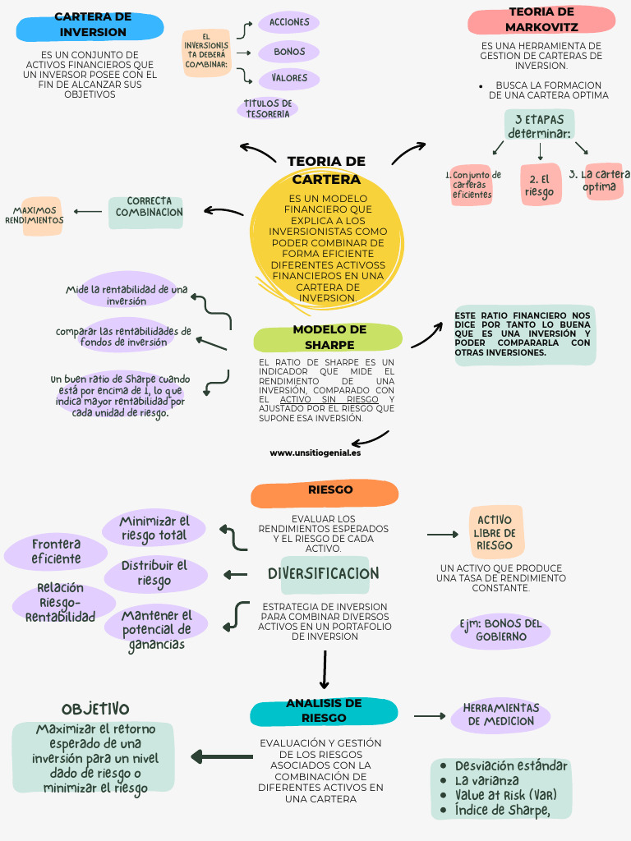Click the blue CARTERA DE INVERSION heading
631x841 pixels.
(x=92, y=25)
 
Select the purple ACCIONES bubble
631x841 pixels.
(x=288, y=22)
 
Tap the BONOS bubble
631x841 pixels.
(x=288, y=52)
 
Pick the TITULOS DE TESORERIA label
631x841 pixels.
(x=268, y=108)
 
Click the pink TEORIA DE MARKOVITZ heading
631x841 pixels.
(x=541, y=20)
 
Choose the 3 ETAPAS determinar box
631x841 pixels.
(x=539, y=126)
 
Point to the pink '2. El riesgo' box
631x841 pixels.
(x=540, y=186)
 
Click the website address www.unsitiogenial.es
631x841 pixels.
(x=315, y=453)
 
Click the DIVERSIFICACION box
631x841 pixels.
(x=324, y=573)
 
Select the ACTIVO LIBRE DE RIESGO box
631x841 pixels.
(x=495, y=532)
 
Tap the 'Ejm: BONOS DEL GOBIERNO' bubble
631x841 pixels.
(x=500, y=630)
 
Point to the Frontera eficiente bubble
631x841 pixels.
(x=56, y=552)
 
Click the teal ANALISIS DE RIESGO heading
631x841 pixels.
(x=324, y=710)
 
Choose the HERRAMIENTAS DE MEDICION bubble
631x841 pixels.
(x=501, y=715)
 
